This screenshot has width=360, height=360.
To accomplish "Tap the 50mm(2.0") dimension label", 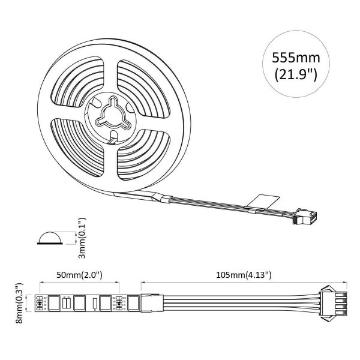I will tap(80, 275).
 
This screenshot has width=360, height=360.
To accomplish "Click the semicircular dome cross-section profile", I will tap(49, 238).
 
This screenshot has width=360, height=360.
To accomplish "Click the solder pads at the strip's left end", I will tap(40, 303).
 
